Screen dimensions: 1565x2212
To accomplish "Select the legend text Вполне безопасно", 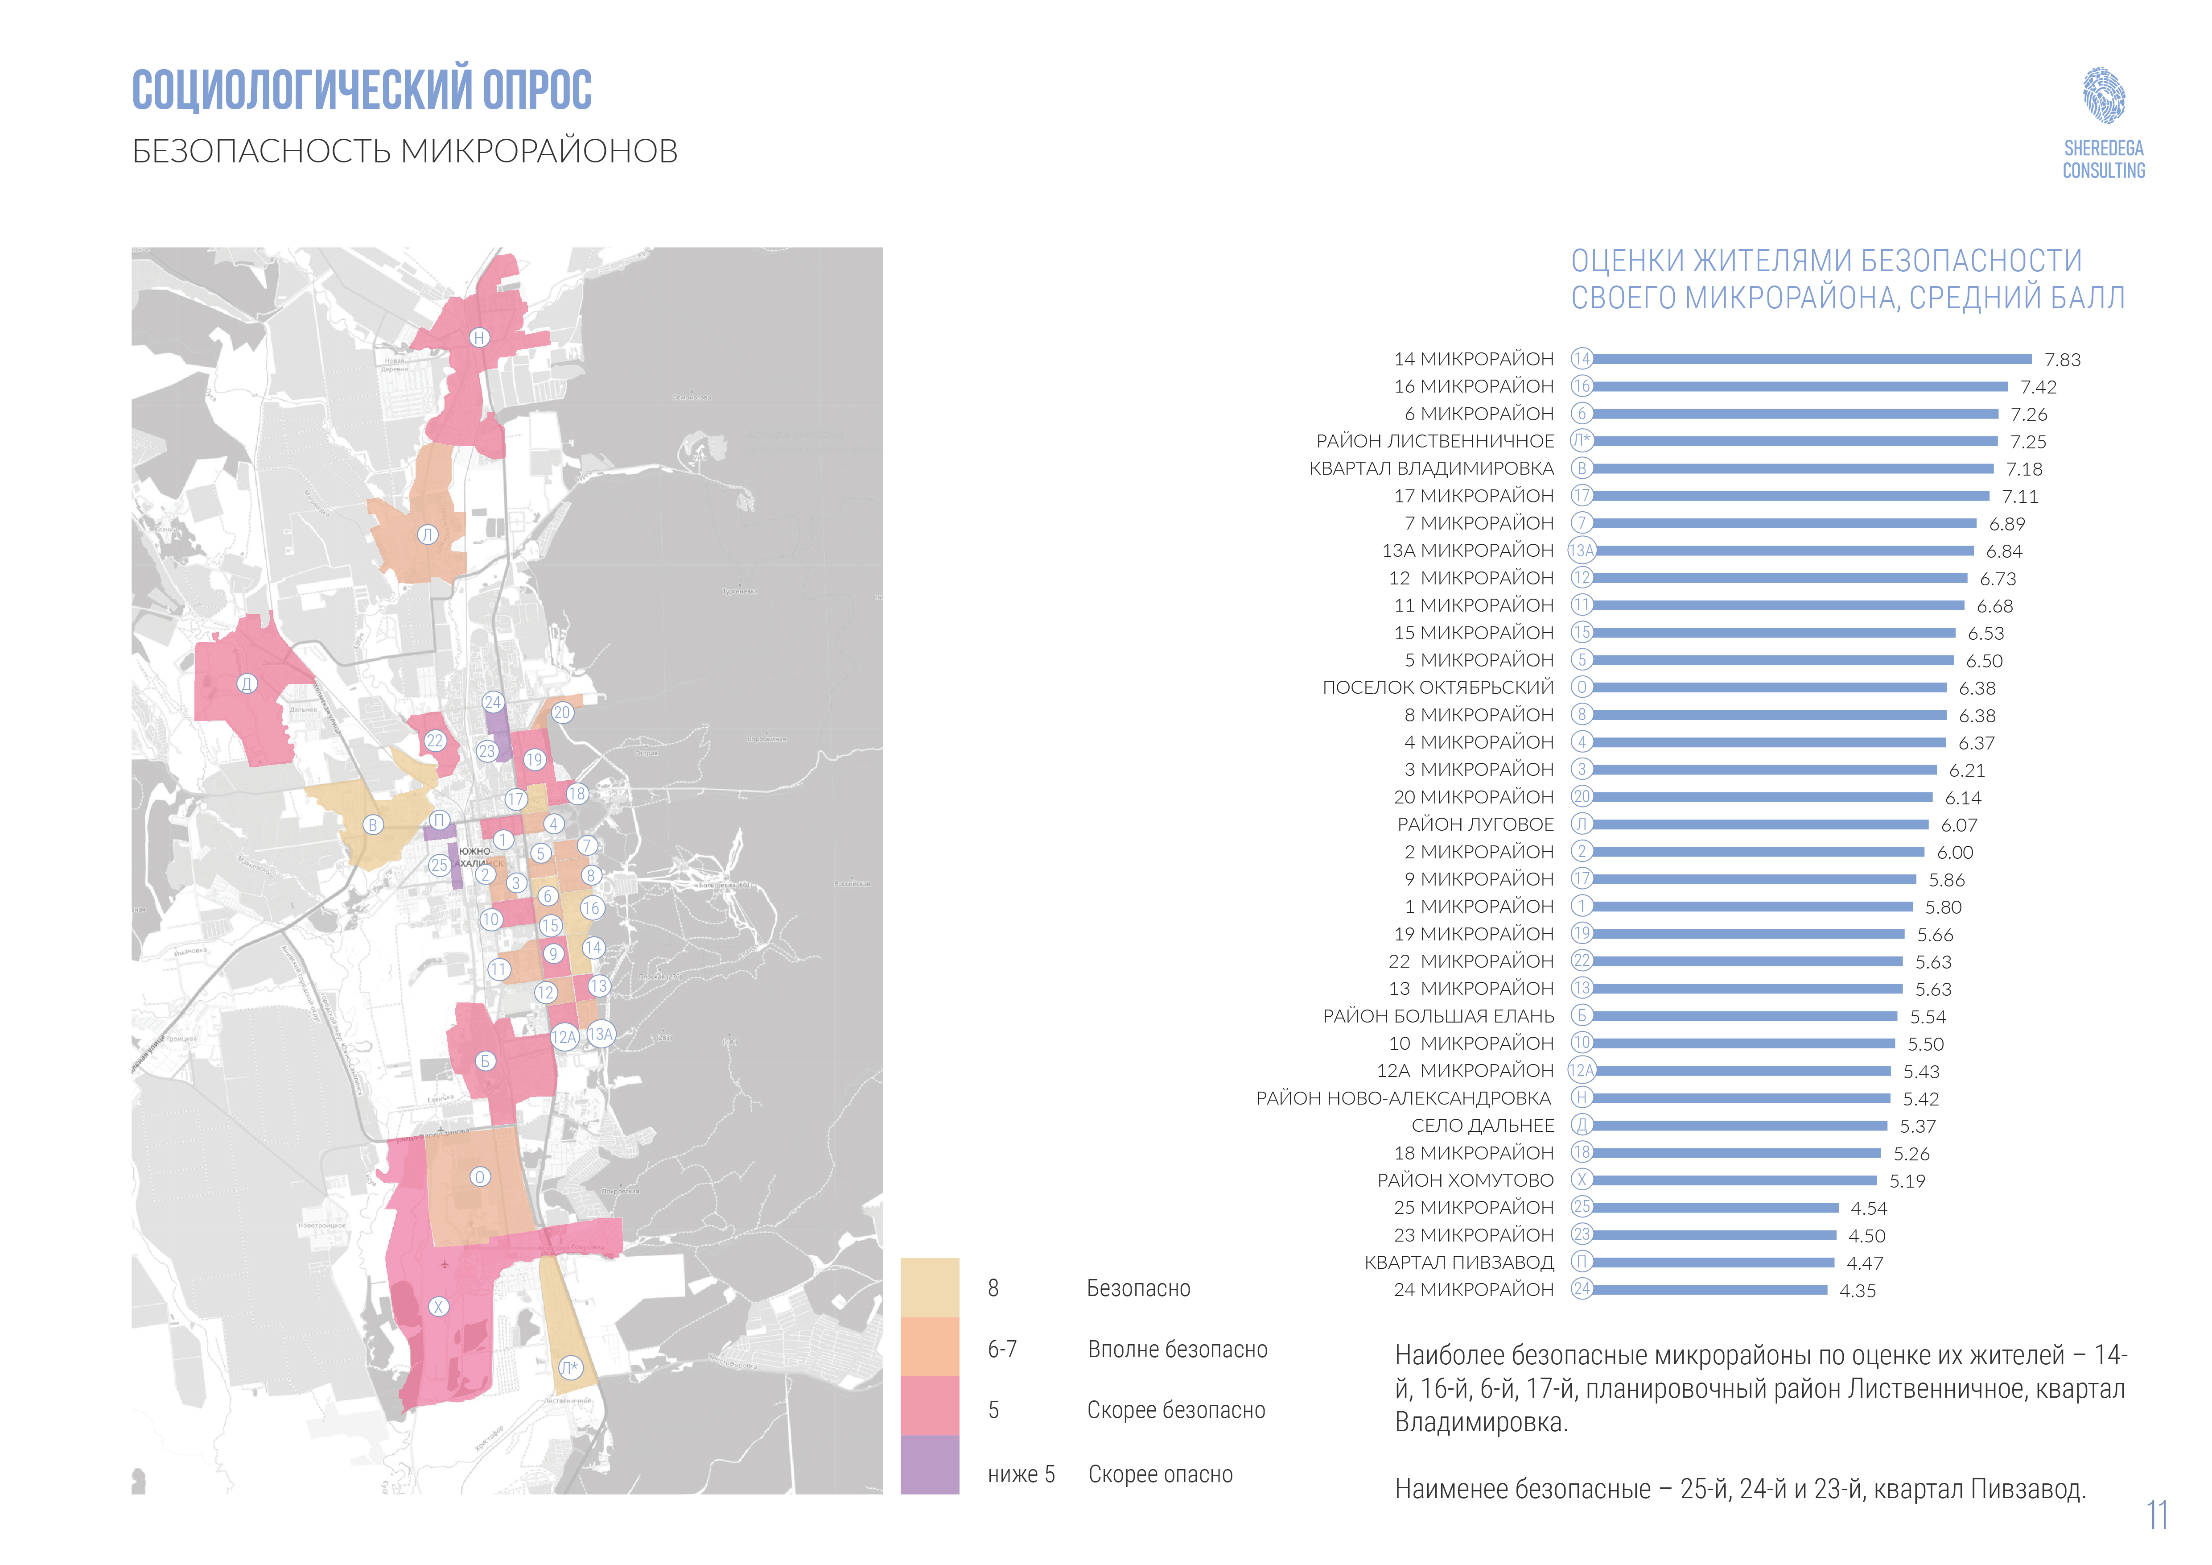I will [x=1177, y=1349].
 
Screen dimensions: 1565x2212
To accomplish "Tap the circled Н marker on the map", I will [x=479, y=337].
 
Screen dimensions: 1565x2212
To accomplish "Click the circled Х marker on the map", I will [x=438, y=1307].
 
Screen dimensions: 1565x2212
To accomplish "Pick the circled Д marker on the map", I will [x=247, y=683].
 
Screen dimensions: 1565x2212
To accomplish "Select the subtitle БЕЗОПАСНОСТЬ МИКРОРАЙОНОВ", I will [x=405, y=151].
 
